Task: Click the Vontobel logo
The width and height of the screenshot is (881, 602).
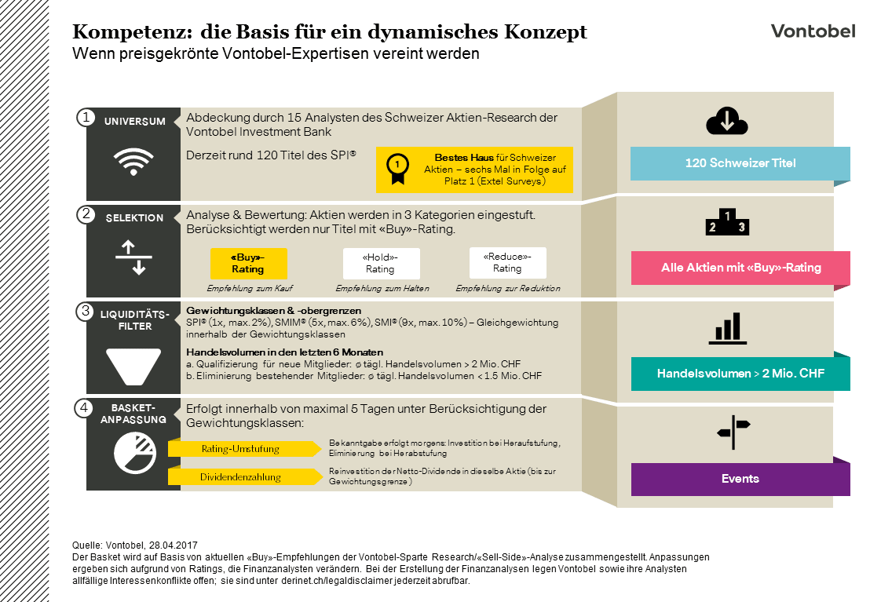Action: [x=813, y=31]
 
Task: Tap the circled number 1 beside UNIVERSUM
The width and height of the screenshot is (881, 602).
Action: [x=85, y=118]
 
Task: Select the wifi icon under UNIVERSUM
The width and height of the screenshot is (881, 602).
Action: [x=133, y=162]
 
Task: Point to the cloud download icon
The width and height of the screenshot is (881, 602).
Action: [x=726, y=122]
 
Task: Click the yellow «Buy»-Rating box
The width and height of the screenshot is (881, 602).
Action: [x=248, y=263]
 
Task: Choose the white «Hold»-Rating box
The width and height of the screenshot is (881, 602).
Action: [x=381, y=263]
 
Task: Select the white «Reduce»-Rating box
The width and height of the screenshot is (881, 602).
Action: [x=507, y=263]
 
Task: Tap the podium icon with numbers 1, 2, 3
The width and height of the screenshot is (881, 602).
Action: [x=728, y=222]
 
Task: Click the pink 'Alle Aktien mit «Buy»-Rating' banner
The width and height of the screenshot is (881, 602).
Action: [x=740, y=268]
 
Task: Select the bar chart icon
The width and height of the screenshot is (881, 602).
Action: [x=728, y=329]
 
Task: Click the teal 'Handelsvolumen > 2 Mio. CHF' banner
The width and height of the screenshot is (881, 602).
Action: [x=740, y=374]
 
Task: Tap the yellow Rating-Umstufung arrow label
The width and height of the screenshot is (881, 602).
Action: [x=243, y=449]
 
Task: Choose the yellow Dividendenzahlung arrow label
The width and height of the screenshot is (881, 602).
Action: [x=243, y=476]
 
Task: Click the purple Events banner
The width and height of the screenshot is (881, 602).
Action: [x=740, y=479]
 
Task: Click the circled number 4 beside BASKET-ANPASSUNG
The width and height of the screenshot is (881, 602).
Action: [x=85, y=407]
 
